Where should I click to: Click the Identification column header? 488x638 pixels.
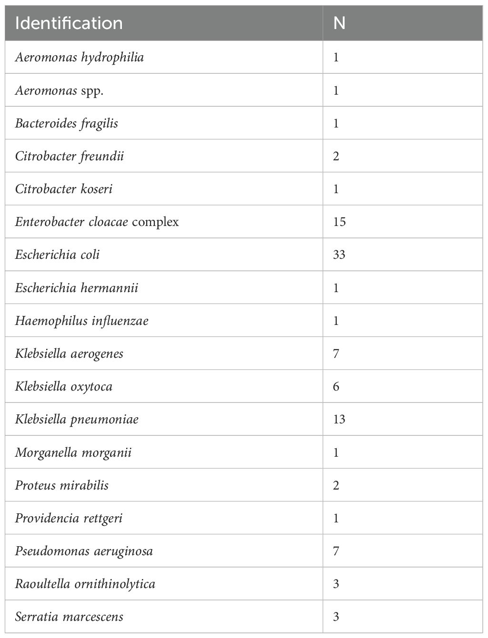point(69,23)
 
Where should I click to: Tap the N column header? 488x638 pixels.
point(339,23)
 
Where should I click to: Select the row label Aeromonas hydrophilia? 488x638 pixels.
point(79,58)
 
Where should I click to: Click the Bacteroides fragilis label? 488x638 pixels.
point(66,124)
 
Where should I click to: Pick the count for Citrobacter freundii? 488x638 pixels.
point(336,157)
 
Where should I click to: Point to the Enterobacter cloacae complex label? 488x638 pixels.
point(97,222)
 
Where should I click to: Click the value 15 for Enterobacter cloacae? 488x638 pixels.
point(339,222)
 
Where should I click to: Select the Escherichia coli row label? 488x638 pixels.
point(57,255)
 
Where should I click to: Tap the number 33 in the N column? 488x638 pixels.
point(339,255)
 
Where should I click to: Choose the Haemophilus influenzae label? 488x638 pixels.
point(81,321)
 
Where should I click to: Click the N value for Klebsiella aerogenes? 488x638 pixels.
point(336,354)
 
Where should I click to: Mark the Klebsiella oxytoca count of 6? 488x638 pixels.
point(336,387)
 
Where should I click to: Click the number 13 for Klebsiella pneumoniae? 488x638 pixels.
point(339,420)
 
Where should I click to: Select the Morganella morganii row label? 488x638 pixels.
point(73,452)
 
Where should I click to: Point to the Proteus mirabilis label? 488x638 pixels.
point(61,486)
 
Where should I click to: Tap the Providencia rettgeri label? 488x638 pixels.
point(69,519)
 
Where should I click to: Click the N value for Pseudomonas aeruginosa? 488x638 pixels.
point(336,551)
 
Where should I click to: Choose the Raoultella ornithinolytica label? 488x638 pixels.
point(85,584)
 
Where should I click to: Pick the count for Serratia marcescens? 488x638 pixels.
point(336,617)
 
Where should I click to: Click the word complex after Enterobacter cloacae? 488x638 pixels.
point(155,222)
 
